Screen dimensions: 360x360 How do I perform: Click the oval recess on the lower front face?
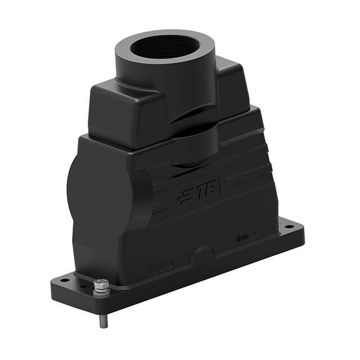coord(161,265)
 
